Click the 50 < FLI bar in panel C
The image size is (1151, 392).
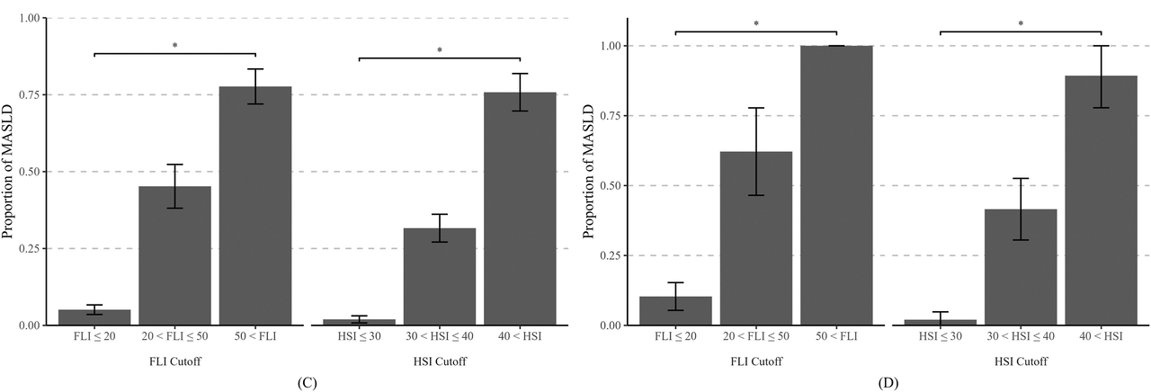coord(255,206)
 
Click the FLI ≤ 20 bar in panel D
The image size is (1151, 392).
coord(675,311)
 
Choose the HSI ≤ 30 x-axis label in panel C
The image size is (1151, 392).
coord(359,336)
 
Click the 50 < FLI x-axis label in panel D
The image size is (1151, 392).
coord(836,336)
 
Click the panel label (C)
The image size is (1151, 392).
coord(307,383)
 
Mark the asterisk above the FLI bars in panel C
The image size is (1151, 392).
coord(174,45)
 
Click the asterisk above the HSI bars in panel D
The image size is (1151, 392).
coord(1021,24)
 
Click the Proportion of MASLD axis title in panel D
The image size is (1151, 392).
coord(589,172)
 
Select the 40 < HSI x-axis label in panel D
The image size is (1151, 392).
coord(1102,336)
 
